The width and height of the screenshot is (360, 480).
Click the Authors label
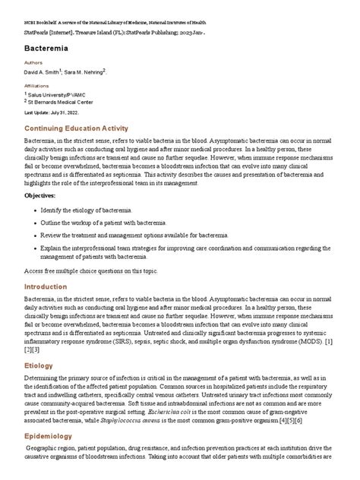coord(34,64)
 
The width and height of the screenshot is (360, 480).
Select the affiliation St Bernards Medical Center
coord(61,101)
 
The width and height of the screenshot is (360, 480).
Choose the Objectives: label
coord(45,196)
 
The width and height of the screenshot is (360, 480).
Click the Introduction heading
coord(51,287)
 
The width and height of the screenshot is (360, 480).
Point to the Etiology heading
coord(39,365)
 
